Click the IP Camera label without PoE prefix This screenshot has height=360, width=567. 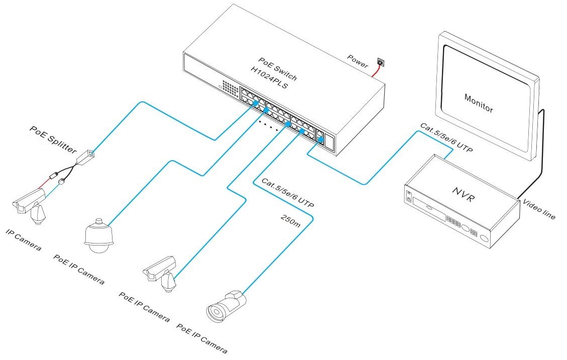click(x=23, y=239)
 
